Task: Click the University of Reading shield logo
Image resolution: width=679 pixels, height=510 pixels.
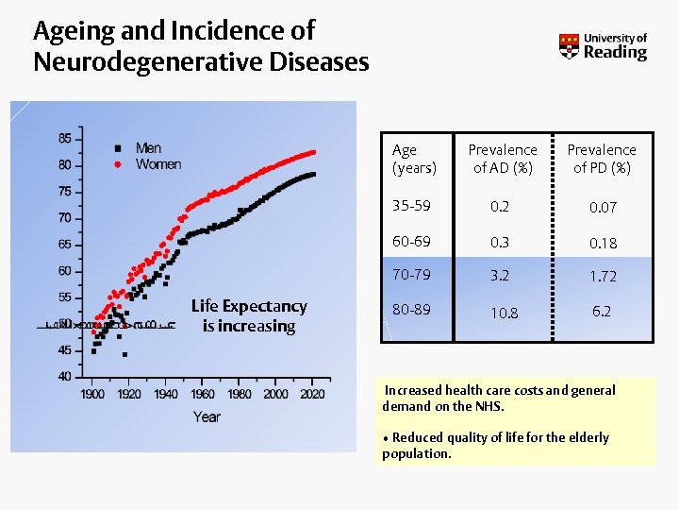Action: [569, 47]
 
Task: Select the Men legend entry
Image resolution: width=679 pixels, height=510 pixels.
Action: [148, 148]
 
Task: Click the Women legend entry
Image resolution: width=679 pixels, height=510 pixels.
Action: [157, 164]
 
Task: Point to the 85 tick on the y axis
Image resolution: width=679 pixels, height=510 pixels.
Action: [64, 138]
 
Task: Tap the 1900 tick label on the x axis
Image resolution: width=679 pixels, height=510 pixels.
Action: [92, 394]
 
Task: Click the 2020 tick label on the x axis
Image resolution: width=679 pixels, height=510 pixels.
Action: [313, 394]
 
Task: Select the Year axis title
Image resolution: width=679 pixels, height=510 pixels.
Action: [207, 416]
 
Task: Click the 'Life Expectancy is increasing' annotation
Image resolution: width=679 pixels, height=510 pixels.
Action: [249, 316]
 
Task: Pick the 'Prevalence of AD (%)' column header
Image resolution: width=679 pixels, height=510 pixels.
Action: [503, 159]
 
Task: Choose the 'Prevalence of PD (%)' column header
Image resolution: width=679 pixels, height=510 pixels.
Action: [602, 159]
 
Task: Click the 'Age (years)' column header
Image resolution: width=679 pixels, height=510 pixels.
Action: [413, 159]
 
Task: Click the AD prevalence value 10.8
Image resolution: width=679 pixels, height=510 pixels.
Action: [503, 313]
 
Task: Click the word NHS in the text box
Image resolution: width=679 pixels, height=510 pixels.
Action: [489, 406]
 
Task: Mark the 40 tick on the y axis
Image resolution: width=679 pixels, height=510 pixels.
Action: [64, 377]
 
